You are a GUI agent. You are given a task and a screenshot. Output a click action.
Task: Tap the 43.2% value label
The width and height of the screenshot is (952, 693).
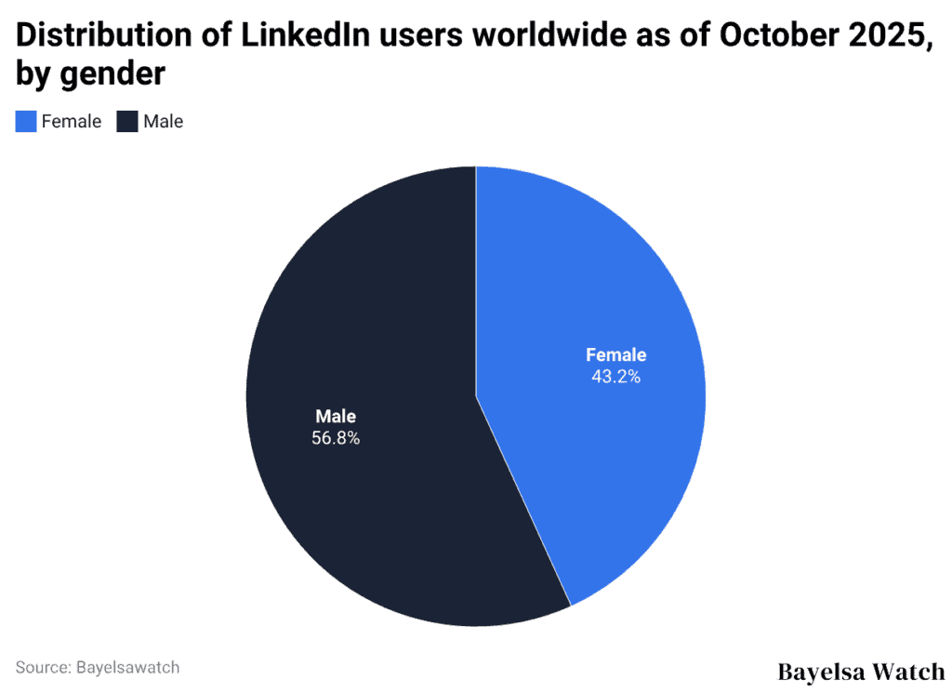point(615,377)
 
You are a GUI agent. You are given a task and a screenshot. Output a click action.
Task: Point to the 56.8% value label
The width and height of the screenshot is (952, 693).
point(336,438)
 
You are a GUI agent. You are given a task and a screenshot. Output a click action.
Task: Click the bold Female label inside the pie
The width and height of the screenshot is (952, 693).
point(615,355)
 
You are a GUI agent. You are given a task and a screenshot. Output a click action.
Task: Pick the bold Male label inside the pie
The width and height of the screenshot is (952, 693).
point(336,417)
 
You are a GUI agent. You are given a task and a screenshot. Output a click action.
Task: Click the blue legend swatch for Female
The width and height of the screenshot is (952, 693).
point(26,121)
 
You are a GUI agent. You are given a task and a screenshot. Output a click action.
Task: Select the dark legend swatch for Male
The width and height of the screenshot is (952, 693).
point(127,121)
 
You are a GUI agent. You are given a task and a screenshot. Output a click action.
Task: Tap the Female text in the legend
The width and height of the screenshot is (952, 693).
point(72,121)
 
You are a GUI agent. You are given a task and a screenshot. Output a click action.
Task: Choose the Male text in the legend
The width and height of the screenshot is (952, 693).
point(163,121)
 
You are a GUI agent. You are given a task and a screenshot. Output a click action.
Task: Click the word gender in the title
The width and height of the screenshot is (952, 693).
point(112,74)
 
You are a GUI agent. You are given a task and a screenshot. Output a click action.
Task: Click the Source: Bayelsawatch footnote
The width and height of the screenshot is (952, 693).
point(98,667)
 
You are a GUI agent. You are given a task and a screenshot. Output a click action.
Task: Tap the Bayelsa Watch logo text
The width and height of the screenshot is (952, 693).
point(860,671)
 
